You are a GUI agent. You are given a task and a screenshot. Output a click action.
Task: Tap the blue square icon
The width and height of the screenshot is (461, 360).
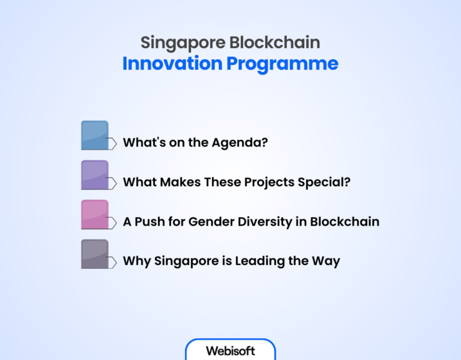(x=95, y=135)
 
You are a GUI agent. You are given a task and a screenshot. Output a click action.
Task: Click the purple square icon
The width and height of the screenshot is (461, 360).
(x=95, y=175)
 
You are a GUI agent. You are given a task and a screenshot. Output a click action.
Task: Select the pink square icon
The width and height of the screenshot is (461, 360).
(x=95, y=214)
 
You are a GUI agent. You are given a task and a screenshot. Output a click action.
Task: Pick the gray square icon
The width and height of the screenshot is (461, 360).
(x=95, y=254)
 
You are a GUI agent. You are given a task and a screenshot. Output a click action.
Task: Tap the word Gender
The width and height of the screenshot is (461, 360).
(x=210, y=222)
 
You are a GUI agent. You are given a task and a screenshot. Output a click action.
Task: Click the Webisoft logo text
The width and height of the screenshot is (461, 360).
(x=230, y=351)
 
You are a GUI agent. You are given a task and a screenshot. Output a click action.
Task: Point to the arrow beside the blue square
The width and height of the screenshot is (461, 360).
(x=112, y=143)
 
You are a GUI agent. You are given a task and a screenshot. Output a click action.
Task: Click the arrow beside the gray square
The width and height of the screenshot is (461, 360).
(x=112, y=262)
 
